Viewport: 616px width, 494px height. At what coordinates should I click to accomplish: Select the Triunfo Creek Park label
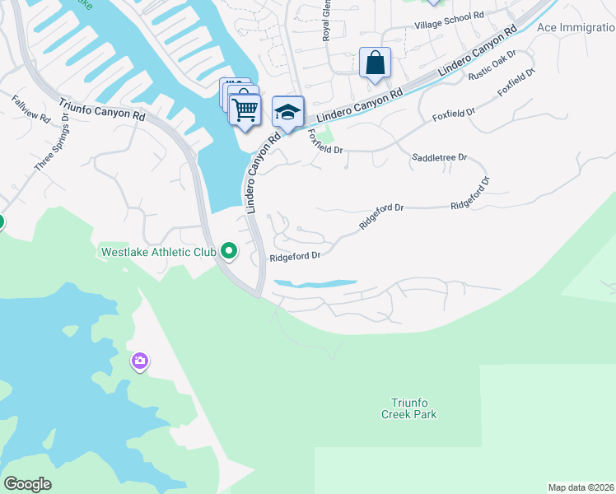tap(408, 408)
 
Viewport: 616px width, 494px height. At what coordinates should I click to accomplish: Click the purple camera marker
tap(139, 361)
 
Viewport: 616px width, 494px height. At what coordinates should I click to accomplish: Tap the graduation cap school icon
tap(287, 112)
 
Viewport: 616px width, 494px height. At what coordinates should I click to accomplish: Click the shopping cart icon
tap(245, 110)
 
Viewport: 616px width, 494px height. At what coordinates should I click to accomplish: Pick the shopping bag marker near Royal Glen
tap(375, 63)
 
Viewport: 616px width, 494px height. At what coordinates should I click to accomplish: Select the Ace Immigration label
tap(576, 27)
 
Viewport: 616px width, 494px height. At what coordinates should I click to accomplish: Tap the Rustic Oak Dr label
tap(492, 66)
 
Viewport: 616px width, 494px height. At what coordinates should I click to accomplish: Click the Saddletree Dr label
tap(439, 156)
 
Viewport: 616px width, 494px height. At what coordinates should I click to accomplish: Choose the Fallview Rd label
tap(30, 110)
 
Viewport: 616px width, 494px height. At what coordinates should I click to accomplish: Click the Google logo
tap(28, 484)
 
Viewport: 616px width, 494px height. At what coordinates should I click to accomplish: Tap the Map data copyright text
tap(581, 487)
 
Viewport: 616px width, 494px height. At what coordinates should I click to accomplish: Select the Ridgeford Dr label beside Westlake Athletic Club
tap(295, 256)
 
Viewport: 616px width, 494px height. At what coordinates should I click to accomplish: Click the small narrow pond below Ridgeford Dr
tap(315, 284)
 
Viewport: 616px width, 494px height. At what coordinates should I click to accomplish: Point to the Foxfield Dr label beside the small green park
tap(325, 145)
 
